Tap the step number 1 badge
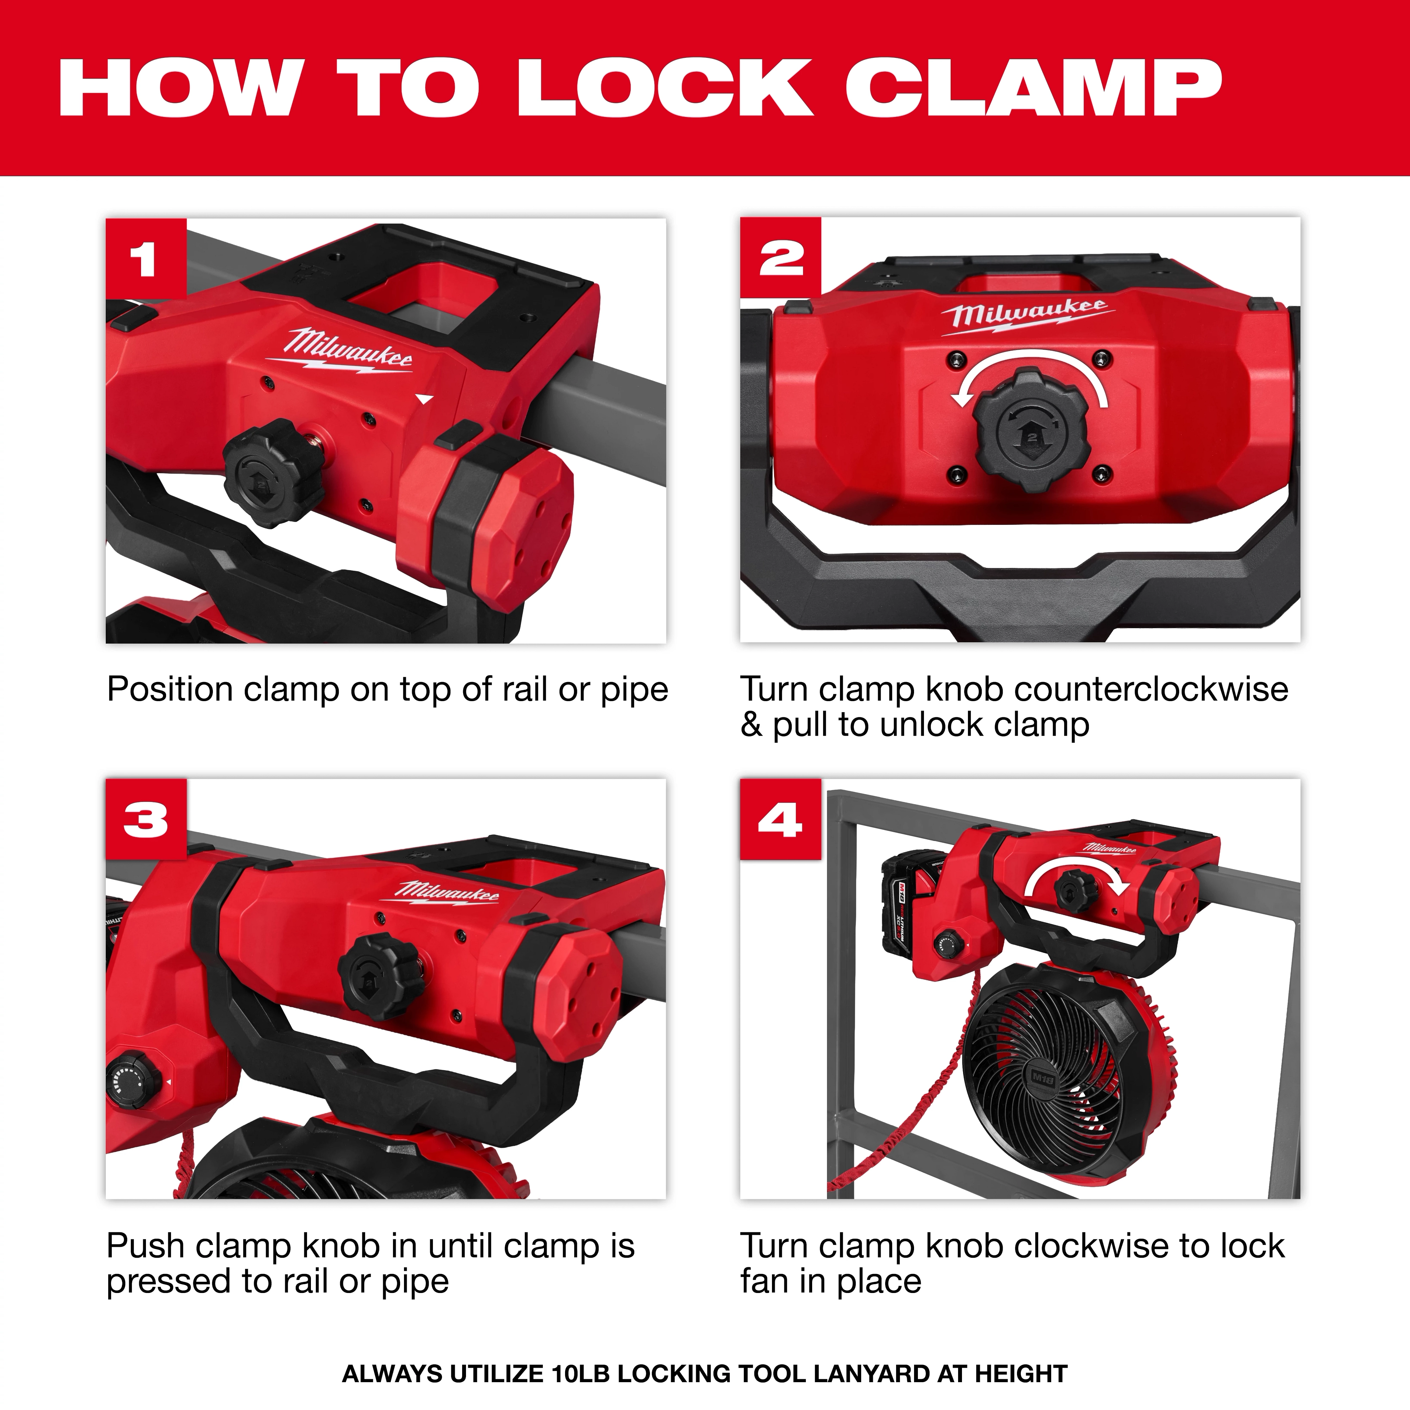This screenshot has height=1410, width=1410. pyautogui.click(x=145, y=259)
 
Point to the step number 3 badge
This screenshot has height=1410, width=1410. pyautogui.click(x=145, y=820)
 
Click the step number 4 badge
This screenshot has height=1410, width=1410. pyautogui.click(x=780, y=820)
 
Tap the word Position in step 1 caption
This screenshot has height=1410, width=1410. pyautogui.click(x=169, y=690)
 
